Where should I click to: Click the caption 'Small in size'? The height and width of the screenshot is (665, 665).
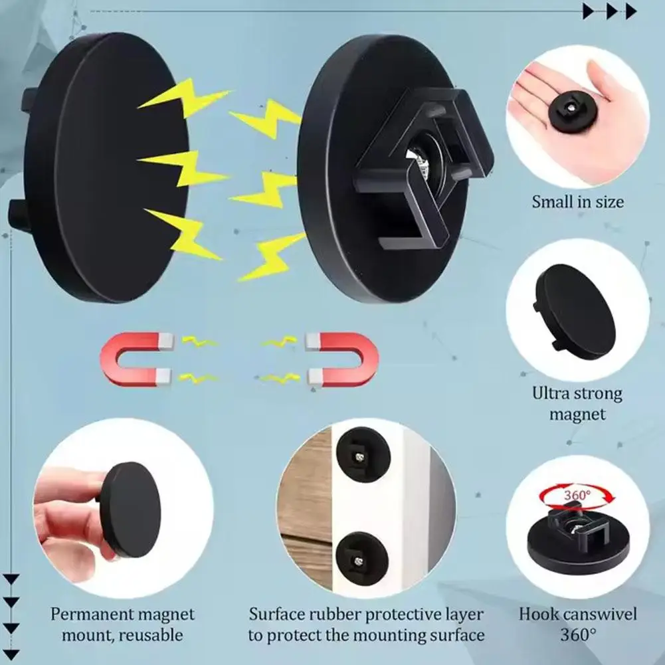577,201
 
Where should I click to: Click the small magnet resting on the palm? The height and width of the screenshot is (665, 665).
571,111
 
